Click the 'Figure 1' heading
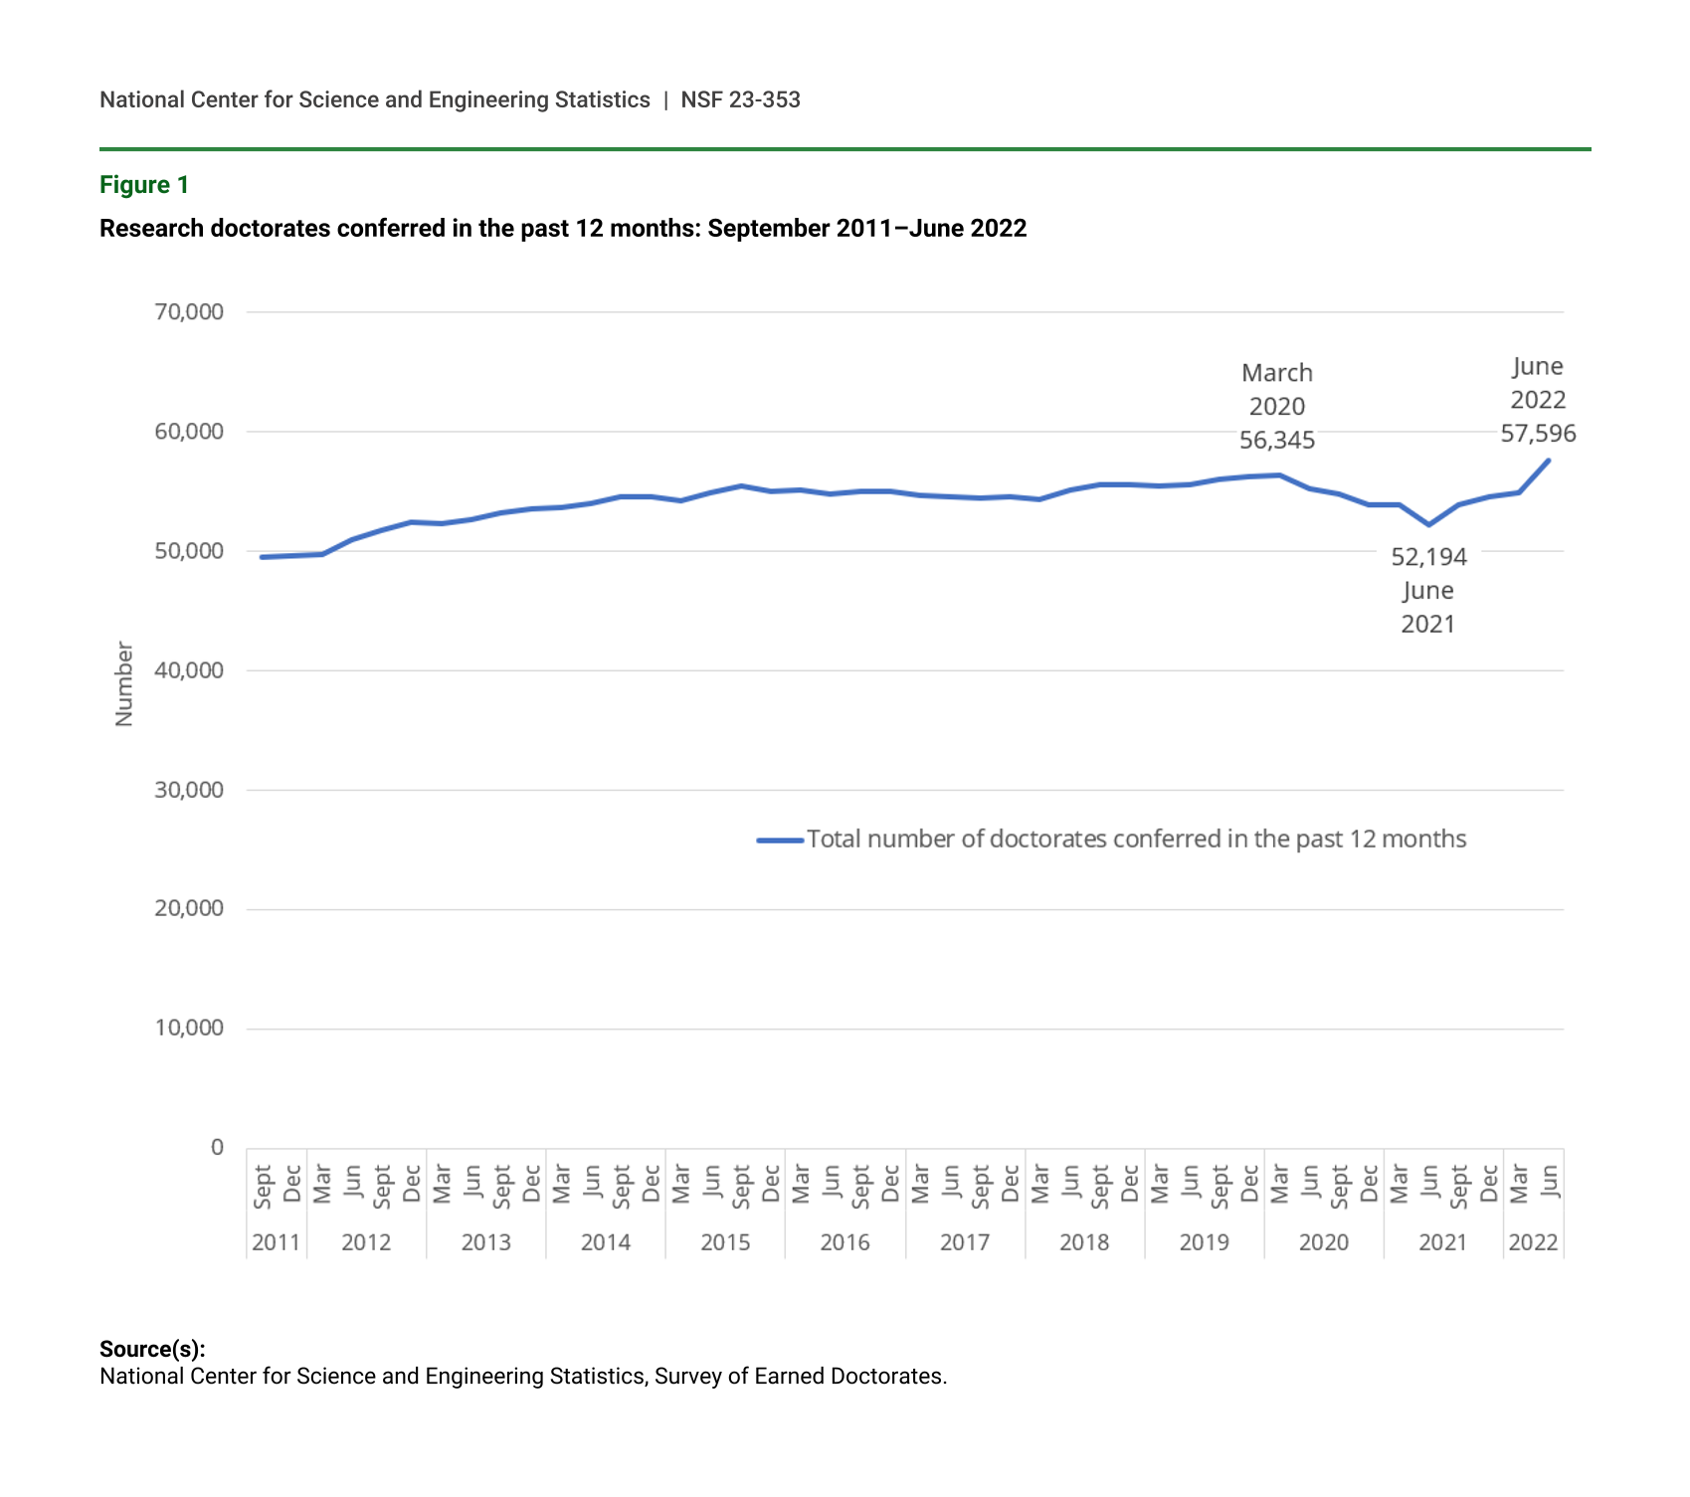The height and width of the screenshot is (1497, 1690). coord(144,185)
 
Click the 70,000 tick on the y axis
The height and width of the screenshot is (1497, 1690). coord(189,312)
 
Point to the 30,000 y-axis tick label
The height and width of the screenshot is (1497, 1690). coord(189,790)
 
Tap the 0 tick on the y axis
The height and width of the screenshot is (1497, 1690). coord(217,1148)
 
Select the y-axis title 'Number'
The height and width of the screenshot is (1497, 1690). coord(124,683)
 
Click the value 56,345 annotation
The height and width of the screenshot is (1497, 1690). coord(1277,441)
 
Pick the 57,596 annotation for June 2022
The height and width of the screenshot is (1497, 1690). coord(1538,434)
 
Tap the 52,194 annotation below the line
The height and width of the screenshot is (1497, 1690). coord(1428,557)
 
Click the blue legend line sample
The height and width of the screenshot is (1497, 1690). coord(780,841)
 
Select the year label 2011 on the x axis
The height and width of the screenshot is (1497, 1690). coord(276,1242)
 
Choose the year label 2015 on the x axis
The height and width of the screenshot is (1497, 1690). coord(725,1242)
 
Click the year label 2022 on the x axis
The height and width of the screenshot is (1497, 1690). coord(1533,1242)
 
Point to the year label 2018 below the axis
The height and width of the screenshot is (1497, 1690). coord(1084,1242)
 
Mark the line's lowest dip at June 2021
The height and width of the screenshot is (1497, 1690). coord(1429,524)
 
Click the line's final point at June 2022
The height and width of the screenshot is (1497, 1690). coord(1549,461)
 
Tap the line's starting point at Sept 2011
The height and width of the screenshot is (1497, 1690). coord(262,557)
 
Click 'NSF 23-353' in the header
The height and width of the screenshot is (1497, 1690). coord(740,99)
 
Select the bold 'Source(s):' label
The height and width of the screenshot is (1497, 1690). coord(152,1349)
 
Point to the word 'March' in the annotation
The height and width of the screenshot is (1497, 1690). coord(1277,373)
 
